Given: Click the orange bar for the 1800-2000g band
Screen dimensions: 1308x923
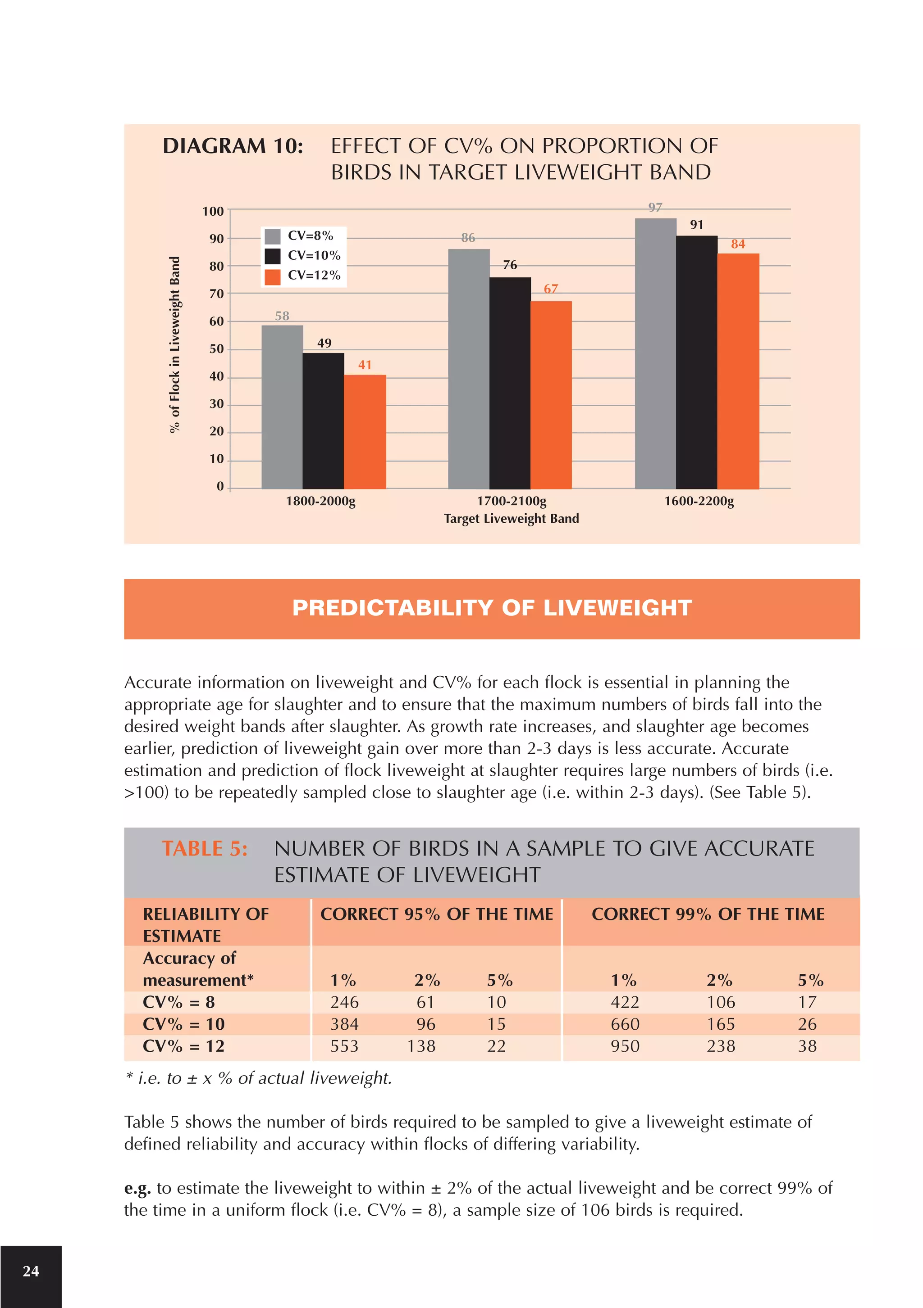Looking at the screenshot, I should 365,431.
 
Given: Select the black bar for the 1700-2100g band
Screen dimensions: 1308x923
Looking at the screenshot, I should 510,383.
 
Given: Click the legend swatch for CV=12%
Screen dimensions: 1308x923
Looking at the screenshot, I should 273,276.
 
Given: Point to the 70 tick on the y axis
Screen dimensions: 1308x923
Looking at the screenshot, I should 217,294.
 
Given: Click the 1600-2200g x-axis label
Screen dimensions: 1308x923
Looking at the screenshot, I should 699,501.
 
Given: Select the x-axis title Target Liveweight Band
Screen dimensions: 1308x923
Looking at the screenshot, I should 512,518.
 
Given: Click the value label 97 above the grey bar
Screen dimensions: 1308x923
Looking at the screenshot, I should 655,208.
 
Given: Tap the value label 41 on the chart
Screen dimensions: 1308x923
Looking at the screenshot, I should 365,365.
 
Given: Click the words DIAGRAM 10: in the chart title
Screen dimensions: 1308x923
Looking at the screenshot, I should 233,146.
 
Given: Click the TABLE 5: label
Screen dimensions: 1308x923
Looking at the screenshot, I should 205,849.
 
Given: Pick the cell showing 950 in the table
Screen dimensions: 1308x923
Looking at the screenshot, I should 625,1046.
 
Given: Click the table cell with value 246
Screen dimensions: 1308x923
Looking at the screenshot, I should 344,1002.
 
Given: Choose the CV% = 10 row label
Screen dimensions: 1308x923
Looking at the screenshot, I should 183,1024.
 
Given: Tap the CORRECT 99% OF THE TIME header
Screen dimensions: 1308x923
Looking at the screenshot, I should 708,914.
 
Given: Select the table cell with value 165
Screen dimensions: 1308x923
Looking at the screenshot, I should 721,1024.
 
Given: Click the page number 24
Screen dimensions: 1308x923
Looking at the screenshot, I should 31,1271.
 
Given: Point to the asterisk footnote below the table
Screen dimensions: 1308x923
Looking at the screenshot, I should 258,1078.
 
